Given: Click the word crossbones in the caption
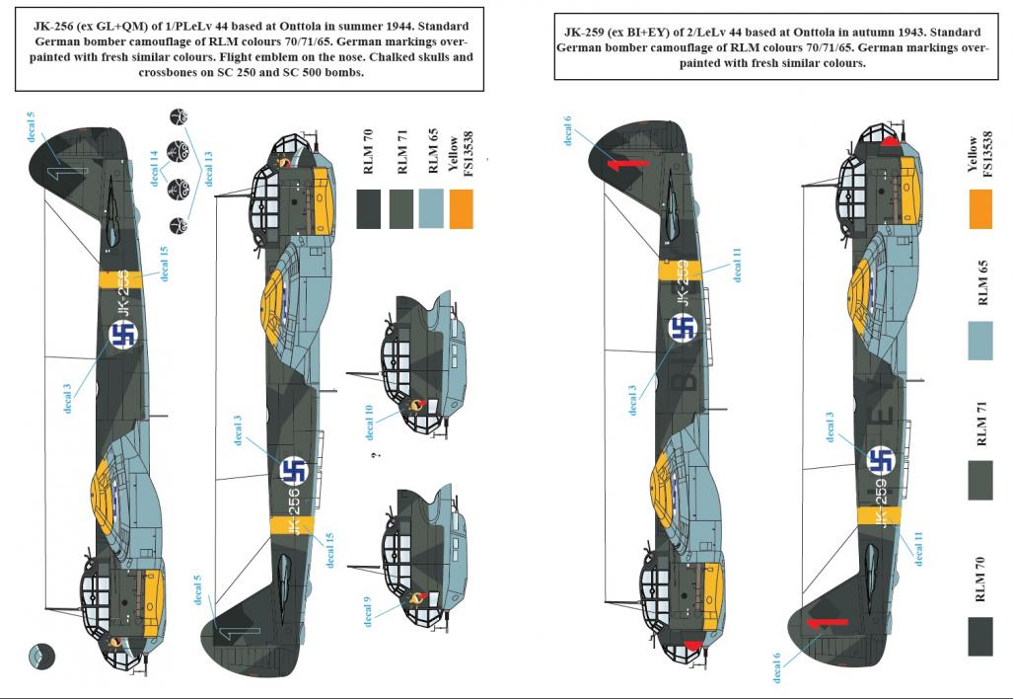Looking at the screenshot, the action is [168, 72].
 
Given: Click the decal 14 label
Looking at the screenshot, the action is [154, 169].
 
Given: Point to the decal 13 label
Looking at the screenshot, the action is [208, 169].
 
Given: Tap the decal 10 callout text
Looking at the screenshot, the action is [369, 423].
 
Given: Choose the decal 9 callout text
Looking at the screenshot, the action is [368, 611].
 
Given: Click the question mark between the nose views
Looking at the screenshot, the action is [376, 455].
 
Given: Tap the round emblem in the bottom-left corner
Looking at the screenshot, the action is [42, 657].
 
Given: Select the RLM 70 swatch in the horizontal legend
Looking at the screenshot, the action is [368, 209].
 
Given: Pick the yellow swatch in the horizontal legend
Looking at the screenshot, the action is [462, 209].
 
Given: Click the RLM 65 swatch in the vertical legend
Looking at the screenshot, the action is [980, 341].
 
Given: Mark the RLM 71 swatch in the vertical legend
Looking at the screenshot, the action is [980, 481].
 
